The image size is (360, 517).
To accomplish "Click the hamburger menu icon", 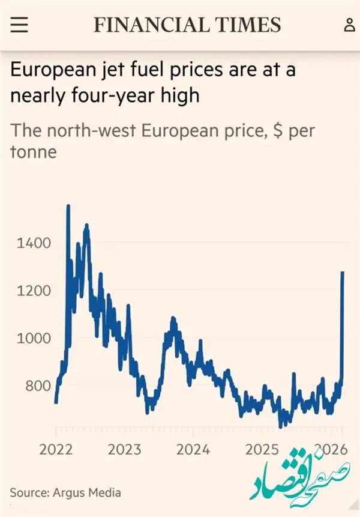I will [19, 25].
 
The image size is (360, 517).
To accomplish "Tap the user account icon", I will [349, 25].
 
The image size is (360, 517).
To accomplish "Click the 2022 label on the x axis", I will [56, 449].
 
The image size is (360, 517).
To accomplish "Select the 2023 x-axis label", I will [125, 449].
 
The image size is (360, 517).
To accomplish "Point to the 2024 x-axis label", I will [193, 449].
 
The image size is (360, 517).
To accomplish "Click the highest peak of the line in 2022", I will [68, 207].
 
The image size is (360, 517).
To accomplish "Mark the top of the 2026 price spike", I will [343, 273].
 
